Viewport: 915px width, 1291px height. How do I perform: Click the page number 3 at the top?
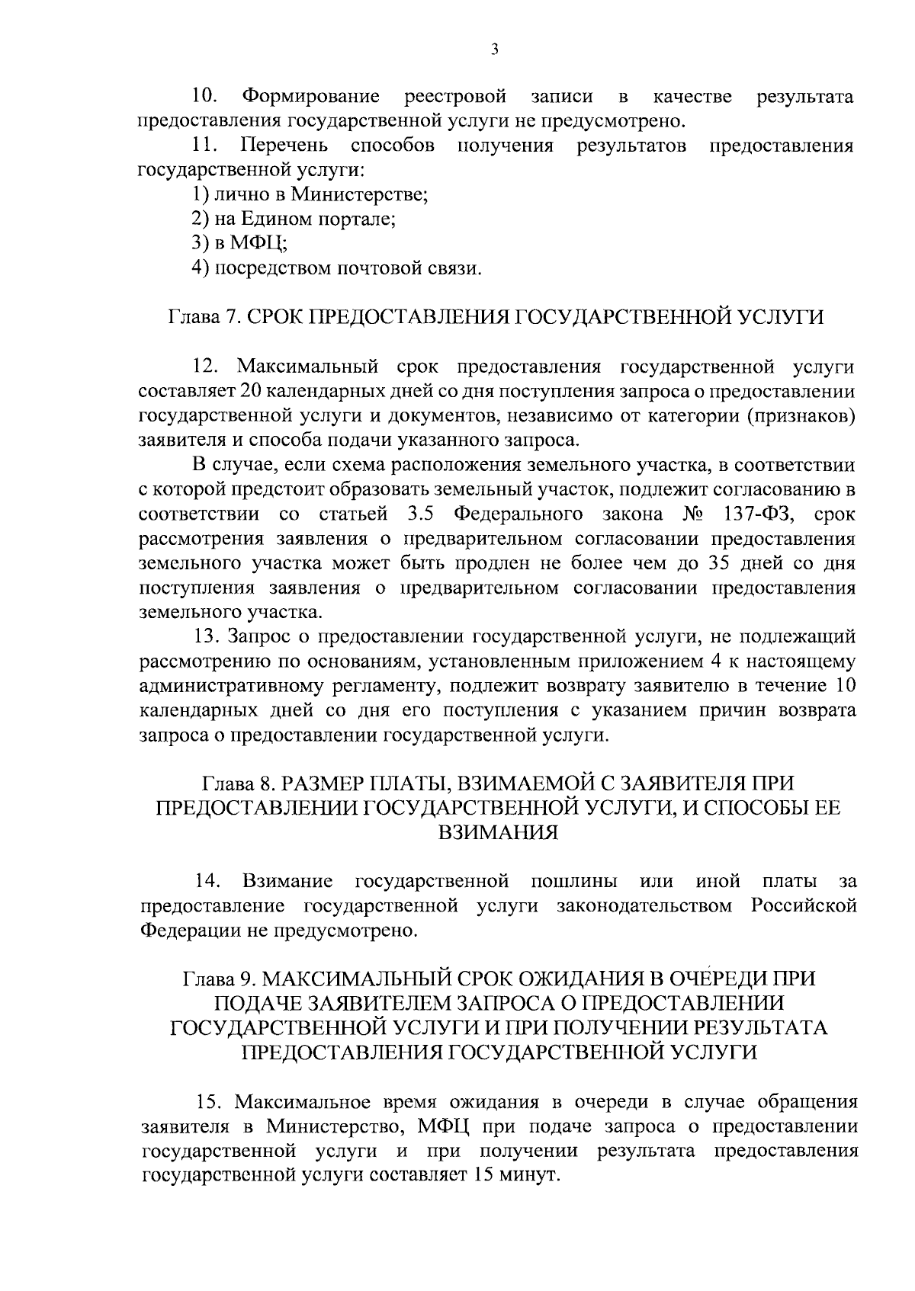click(x=494, y=50)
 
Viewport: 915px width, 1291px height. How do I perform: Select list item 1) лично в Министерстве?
click(x=309, y=195)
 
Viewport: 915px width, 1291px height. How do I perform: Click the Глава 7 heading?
click(x=495, y=317)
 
